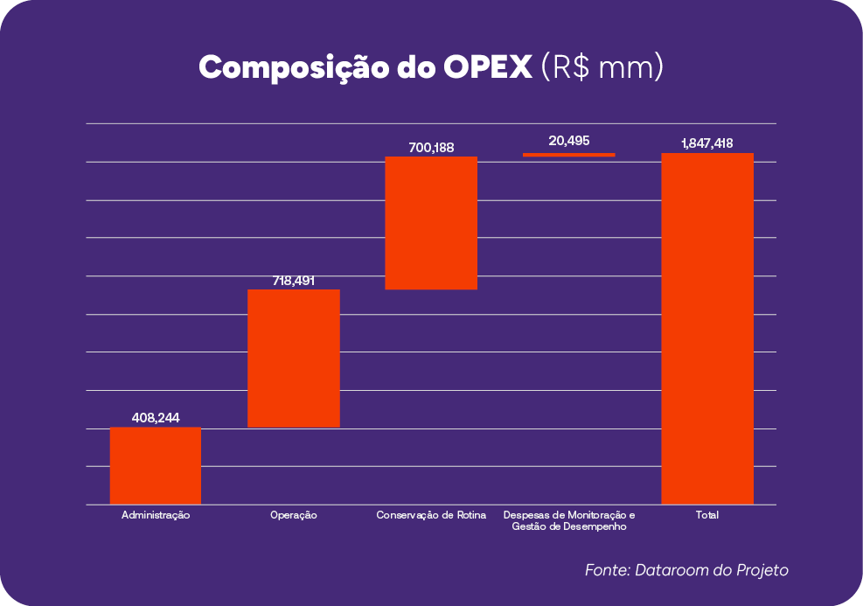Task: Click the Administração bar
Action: [156, 465]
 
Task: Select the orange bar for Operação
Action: [294, 358]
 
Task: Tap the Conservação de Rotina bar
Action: [431, 223]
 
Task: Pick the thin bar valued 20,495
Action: [569, 155]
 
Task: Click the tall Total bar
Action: [707, 329]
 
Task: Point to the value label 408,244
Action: [156, 418]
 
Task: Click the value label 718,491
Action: [294, 281]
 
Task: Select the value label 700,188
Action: [431, 148]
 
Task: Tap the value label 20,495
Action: [569, 141]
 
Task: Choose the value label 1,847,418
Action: [707, 143]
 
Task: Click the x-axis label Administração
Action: [156, 516]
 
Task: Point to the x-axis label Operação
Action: [294, 516]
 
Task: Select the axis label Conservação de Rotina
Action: [431, 516]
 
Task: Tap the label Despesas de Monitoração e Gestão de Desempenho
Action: [569, 521]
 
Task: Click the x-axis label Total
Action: [707, 516]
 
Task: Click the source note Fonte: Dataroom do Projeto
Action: [686, 570]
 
